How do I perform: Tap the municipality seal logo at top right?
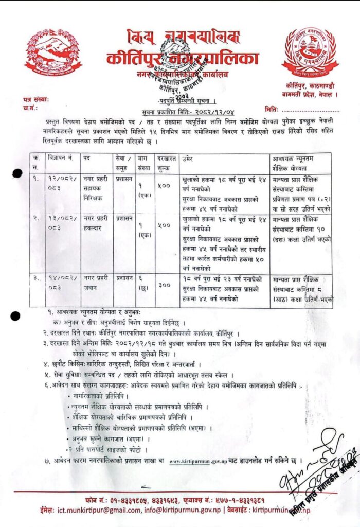tap(310, 51)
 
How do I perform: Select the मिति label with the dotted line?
tap(273, 109)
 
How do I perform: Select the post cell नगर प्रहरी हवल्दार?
tap(96, 222)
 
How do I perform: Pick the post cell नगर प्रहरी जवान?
tap(96, 282)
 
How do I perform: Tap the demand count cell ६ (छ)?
tap(143, 282)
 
